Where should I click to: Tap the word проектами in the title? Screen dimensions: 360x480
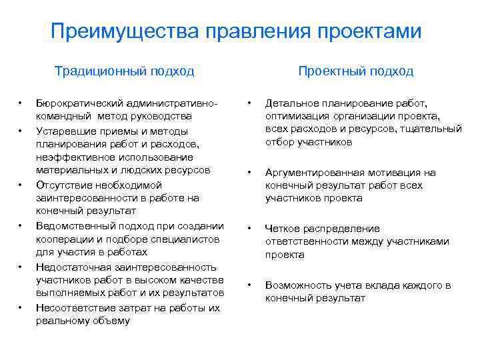click(x=373, y=31)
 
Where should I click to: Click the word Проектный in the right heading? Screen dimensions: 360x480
click(x=329, y=71)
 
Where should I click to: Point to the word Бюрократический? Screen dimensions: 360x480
click(x=77, y=104)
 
